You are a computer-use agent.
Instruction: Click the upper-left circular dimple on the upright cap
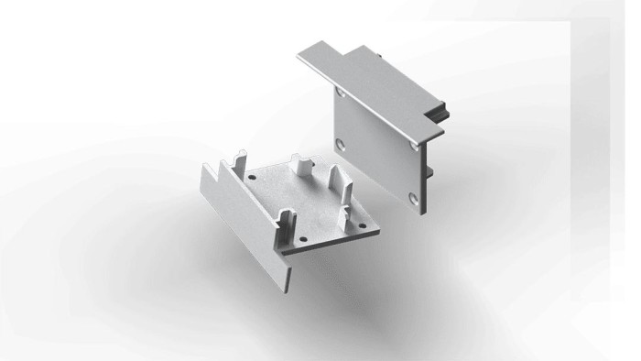click(341, 93)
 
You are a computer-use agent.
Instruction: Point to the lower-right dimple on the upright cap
click(413, 198)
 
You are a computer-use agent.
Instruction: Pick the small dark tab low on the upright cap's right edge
click(429, 171)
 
